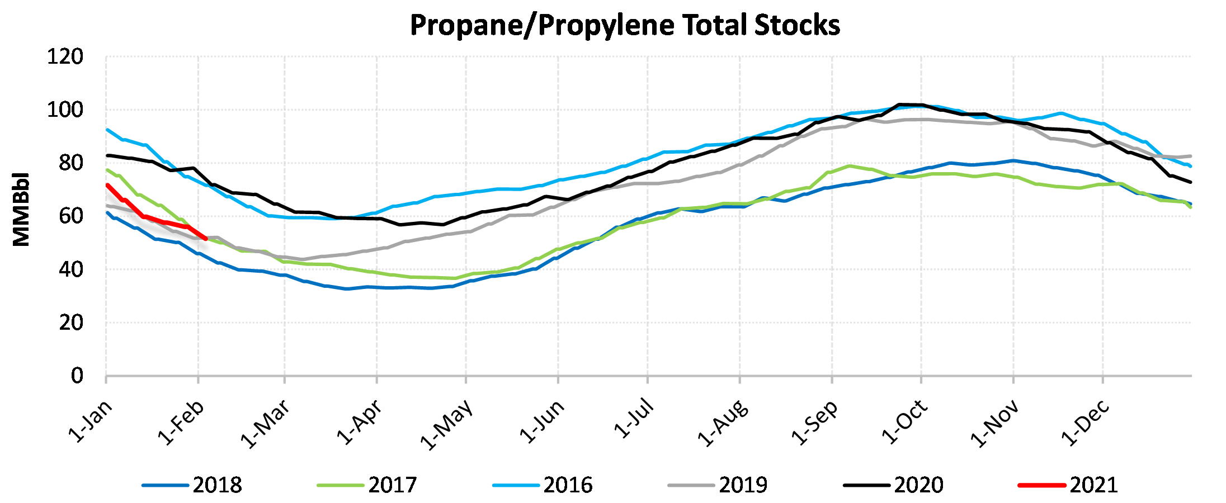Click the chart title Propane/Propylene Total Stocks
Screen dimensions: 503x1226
coord(625,26)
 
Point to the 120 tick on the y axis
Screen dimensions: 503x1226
coord(65,57)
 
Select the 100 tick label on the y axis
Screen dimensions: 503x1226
coord(65,110)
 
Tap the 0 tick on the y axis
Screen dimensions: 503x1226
coord(77,376)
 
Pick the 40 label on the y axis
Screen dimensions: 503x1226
coord(71,269)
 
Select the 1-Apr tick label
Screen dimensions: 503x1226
coord(360,422)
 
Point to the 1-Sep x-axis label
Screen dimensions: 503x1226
coord(814,423)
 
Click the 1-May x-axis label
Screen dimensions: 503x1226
coord(446,424)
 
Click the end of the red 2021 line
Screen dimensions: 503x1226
coord(206,239)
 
